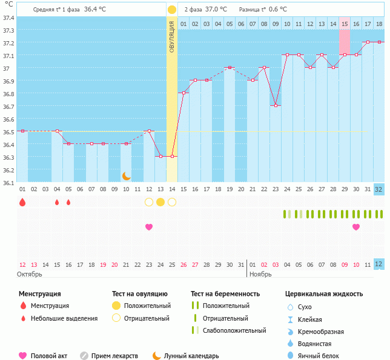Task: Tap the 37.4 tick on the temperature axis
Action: click(8, 18)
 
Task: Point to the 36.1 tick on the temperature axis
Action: click(8, 182)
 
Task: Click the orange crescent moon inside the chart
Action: click(126, 175)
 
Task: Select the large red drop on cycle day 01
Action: click(22, 202)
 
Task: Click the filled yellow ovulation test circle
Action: click(160, 202)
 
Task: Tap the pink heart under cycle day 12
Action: click(149, 227)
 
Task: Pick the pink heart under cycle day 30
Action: click(356, 227)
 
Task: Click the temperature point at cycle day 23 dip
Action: click(276, 106)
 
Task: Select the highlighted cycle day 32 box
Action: click(378, 189)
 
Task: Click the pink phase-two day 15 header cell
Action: click(344, 24)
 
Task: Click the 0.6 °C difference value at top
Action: click(278, 10)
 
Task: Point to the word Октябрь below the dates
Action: click(31, 274)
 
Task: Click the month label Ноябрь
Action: click(261, 274)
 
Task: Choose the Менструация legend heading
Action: click(39, 294)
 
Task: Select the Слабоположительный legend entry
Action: click(234, 330)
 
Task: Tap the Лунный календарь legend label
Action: click(193, 356)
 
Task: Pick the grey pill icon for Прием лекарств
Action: click(84, 356)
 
